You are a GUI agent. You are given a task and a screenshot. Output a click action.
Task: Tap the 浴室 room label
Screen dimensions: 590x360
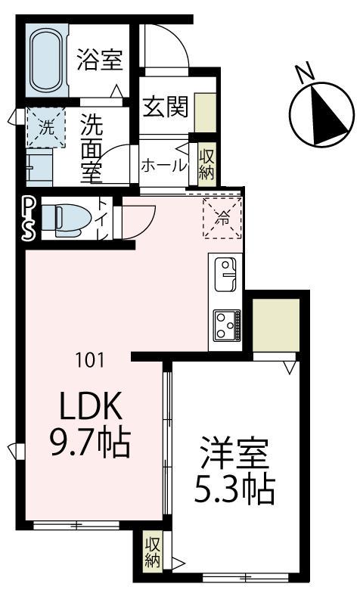[x=100, y=60]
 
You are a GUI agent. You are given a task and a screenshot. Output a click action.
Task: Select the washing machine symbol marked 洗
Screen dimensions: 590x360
[x=42, y=128]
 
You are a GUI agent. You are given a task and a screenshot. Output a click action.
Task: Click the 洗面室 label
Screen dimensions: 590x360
[x=92, y=147]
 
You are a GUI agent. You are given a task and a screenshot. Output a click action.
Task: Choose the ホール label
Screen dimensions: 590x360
[x=163, y=166]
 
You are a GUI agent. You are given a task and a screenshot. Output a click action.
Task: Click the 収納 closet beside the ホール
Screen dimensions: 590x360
[x=206, y=162]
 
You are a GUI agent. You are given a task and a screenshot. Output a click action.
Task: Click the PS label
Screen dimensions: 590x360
[x=28, y=219]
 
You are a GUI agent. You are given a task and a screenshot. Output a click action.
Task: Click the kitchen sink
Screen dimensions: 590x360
[x=226, y=274]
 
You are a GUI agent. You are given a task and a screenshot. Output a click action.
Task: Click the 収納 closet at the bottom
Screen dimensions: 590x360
[x=153, y=552]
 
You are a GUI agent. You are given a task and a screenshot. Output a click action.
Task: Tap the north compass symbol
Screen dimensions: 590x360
[x=322, y=115]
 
